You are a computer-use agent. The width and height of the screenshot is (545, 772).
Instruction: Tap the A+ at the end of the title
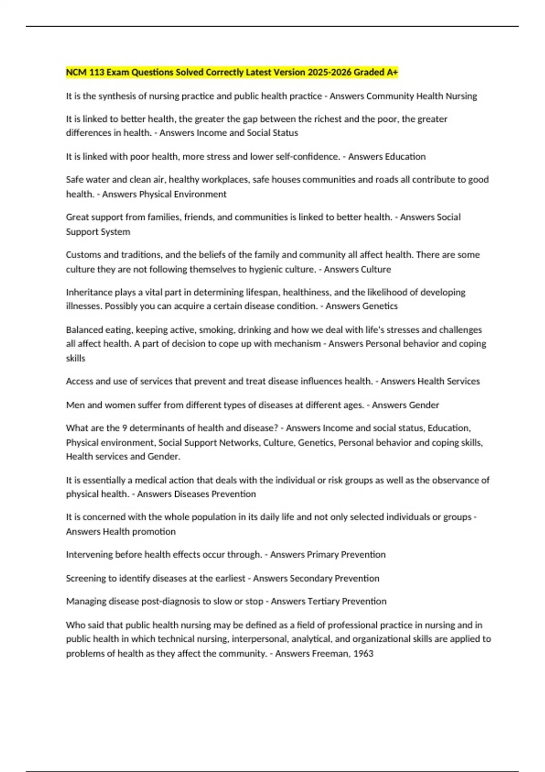(392, 72)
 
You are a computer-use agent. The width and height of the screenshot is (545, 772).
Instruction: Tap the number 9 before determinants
(124, 428)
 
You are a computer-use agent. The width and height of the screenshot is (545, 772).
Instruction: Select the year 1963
(363, 653)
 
